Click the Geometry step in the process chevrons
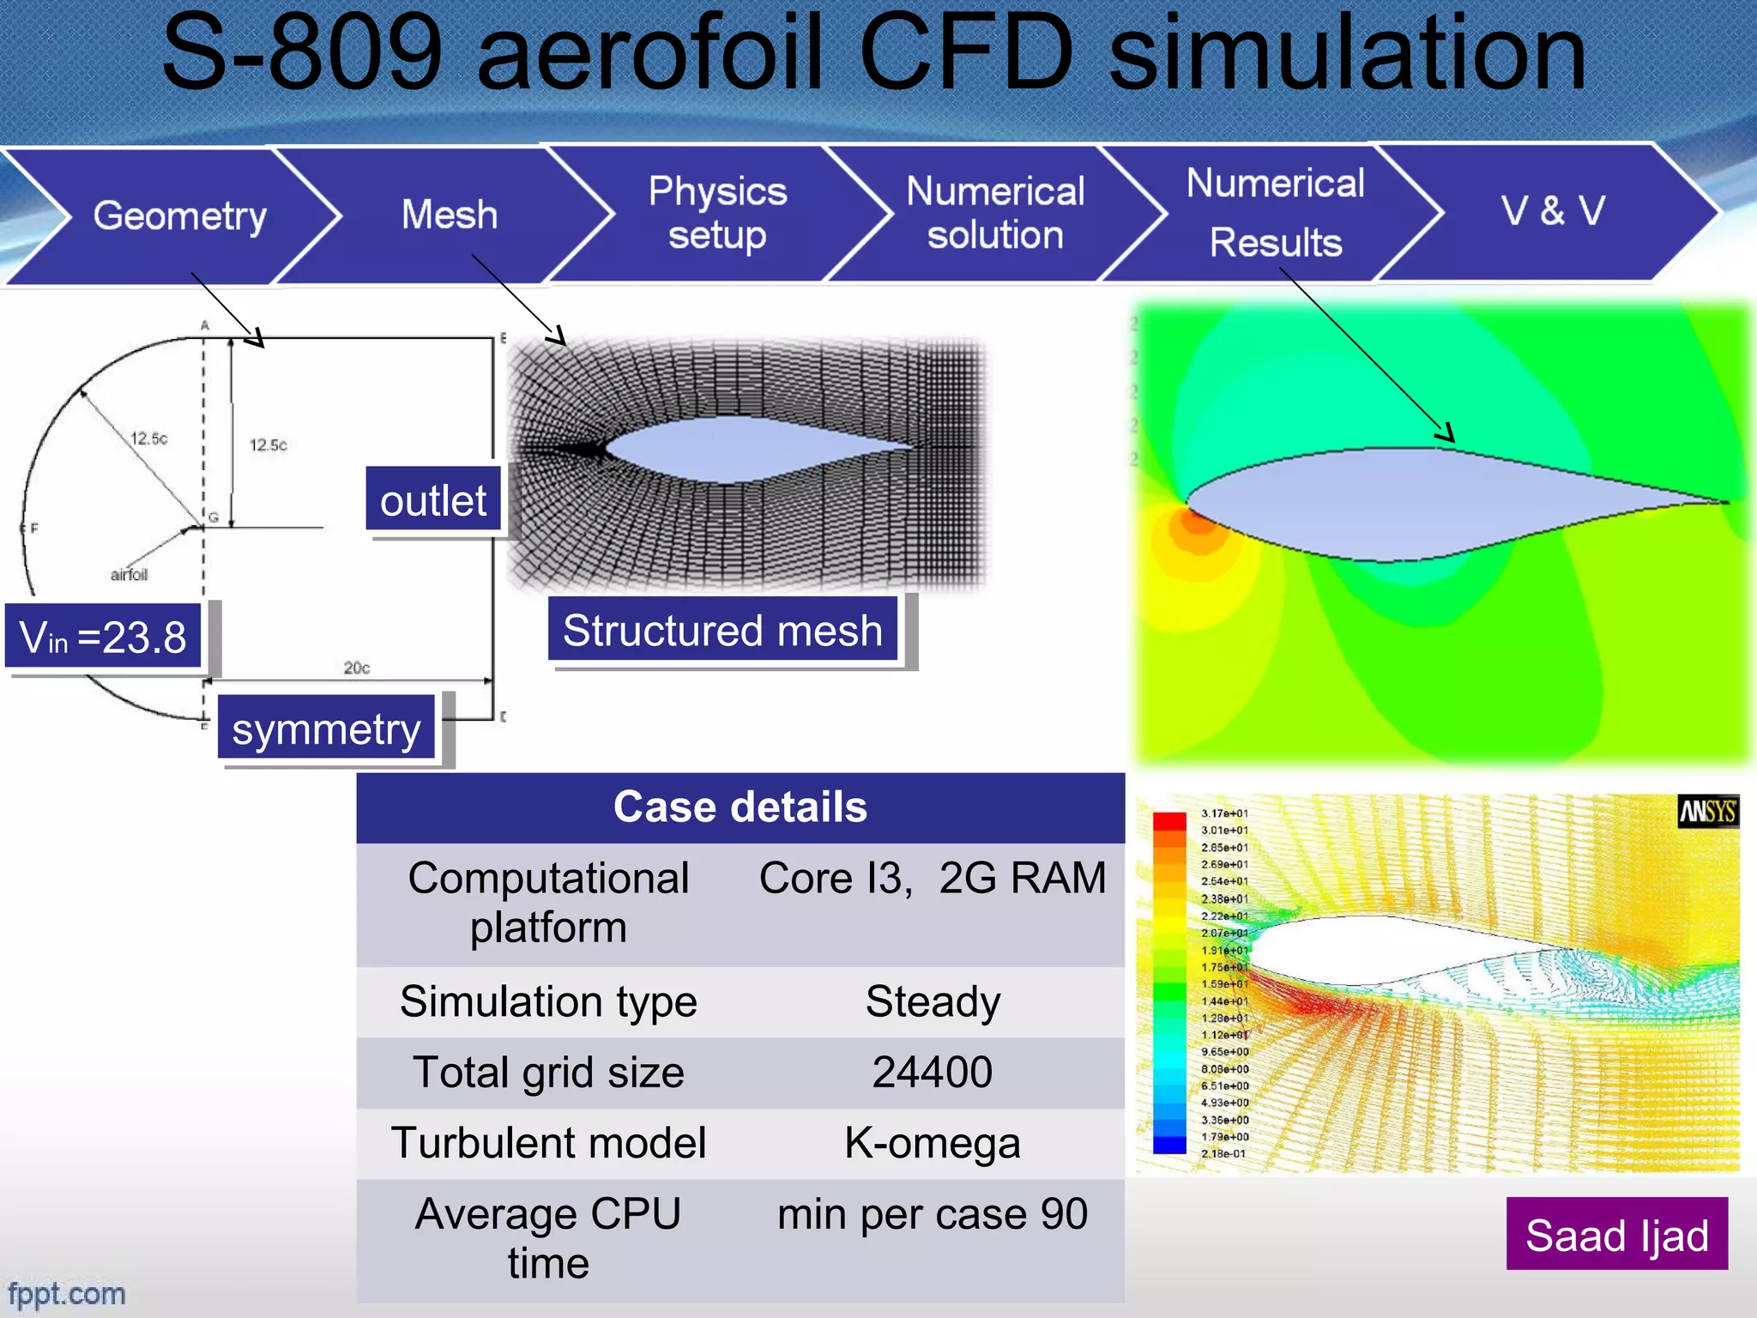(179, 215)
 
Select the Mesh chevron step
(450, 215)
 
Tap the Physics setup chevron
(717, 213)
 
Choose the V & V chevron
(1553, 211)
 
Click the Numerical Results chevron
(1276, 213)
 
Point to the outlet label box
(433, 501)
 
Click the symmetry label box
(326, 729)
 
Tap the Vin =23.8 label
(103, 637)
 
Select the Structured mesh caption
(722, 631)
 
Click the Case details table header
(740, 807)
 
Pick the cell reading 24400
(933, 1073)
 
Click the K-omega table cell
(933, 1144)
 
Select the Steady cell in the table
(933, 1002)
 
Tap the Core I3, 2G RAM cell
(933, 879)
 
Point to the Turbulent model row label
(548, 1144)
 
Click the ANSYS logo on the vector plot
(1707, 812)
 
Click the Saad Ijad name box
(1616, 1236)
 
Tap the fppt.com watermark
(67, 1293)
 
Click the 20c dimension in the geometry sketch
(357, 668)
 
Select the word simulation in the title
(1347, 53)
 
